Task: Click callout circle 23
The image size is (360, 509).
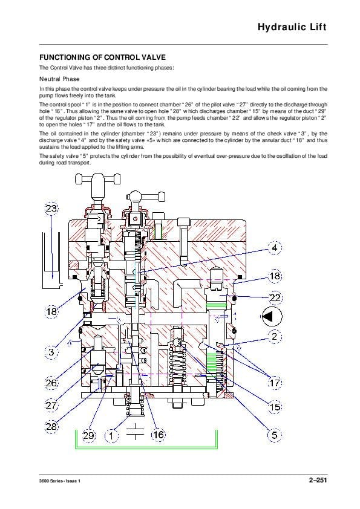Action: point(52,209)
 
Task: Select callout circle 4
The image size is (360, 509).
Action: point(274,248)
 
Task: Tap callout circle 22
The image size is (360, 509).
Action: point(275,297)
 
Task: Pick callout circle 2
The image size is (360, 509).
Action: point(275,336)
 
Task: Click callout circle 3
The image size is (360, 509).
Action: point(52,351)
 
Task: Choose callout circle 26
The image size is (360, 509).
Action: point(52,383)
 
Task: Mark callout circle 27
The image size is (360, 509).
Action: point(52,405)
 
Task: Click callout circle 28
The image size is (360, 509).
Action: point(52,426)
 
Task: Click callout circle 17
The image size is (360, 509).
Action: point(275,383)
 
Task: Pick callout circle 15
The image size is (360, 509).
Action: point(275,407)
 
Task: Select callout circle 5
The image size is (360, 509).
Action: point(275,435)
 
